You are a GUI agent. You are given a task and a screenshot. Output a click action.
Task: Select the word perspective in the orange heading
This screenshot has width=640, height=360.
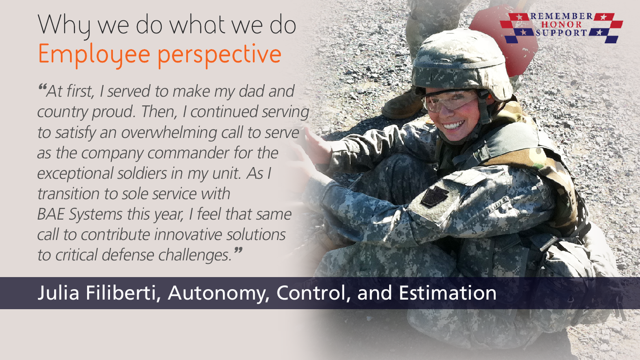coord(220,55)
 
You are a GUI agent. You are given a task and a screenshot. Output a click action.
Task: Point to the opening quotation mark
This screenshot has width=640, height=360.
coord(42,86)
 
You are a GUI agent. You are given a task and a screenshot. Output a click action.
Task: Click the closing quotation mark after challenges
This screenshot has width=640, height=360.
coord(238,250)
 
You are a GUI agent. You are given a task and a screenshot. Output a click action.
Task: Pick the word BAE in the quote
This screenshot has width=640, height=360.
coord(51,214)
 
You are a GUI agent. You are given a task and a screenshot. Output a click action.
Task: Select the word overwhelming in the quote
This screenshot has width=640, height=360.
coord(169,133)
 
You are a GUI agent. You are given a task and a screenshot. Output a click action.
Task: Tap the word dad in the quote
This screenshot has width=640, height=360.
coord(251,91)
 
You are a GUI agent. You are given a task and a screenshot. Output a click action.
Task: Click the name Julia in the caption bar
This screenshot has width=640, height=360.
coord(58,293)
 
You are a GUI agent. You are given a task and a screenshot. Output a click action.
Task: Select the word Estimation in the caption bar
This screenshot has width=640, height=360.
coord(447,293)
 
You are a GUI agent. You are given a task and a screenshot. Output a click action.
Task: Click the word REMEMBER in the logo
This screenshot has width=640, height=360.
coord(562,16)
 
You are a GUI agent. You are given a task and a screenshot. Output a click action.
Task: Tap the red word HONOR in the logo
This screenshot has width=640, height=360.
coord(562,25)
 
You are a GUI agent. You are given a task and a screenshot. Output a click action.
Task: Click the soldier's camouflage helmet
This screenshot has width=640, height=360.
coord(461,64)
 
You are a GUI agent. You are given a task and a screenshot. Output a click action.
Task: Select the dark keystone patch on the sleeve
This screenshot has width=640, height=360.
coord(435,196)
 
